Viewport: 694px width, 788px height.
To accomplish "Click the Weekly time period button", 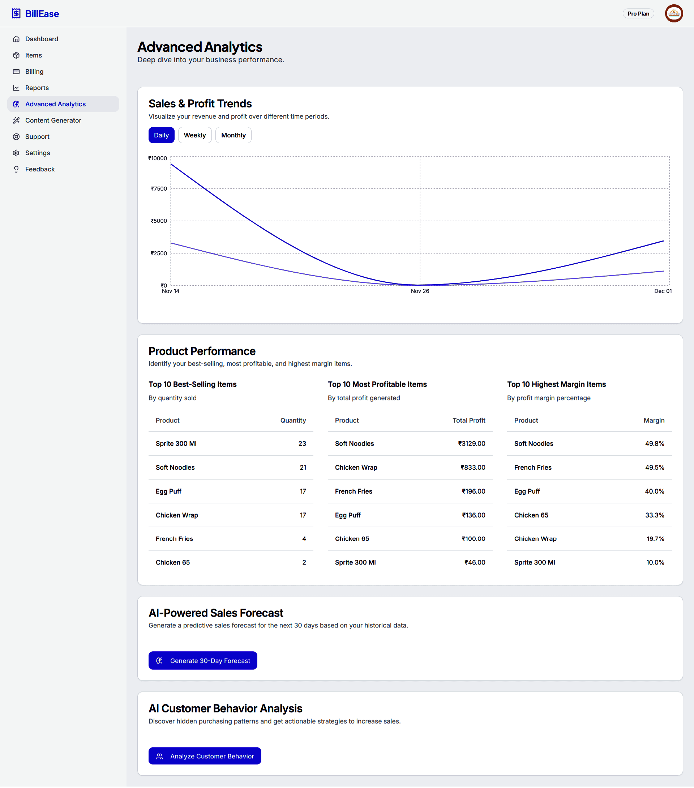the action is coord(194,135).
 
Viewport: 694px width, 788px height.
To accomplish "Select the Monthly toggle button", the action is coord(233,135).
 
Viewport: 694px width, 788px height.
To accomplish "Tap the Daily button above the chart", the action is coord(161,135).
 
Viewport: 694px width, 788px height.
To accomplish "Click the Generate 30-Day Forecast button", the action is coord(203,660).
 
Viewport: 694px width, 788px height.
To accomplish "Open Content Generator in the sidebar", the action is coord(53,120).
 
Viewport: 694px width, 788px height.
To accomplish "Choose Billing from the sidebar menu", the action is coord(34,72).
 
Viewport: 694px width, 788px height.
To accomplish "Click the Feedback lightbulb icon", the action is coord(16,169).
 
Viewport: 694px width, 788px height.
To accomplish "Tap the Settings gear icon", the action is coord(16,153).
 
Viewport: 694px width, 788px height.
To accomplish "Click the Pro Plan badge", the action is coord(638,13).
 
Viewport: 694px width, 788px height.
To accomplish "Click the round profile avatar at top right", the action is coord(673,13).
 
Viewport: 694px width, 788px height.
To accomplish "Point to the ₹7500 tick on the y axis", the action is coord(159,188).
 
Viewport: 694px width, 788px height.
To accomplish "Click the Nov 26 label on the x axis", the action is coord(420,291).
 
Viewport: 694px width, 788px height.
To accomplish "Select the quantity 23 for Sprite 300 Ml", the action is coord(302,443).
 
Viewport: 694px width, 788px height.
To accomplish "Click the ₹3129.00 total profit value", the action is coord(471,443).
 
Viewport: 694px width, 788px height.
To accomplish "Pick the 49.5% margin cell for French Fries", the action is coord(654,467).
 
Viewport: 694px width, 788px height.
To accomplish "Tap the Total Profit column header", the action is coord(468,420).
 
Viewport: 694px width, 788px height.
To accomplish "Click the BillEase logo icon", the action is coord(16,13).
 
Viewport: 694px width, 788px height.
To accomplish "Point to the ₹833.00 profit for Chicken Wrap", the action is coord(473,467).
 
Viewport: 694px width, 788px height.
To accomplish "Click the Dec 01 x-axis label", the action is coord(663,291).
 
